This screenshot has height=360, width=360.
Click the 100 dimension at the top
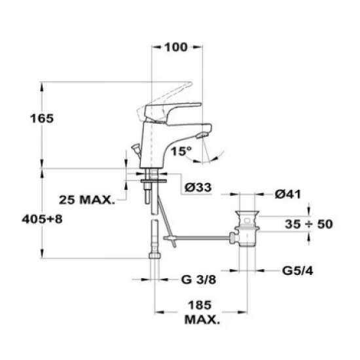[176, 47]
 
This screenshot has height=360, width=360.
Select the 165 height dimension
[42, 118]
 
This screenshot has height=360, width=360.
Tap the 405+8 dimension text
[42, 219]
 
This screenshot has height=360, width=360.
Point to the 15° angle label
[181, 151]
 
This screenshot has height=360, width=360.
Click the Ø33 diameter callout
[198, 188]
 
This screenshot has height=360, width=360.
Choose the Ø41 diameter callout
[288, 194]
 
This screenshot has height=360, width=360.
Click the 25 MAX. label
[86, 200]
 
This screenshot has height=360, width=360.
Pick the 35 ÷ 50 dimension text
[308, 224]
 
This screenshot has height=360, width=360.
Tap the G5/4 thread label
[298, 271]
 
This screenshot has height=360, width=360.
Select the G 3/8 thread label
[199, 279]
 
